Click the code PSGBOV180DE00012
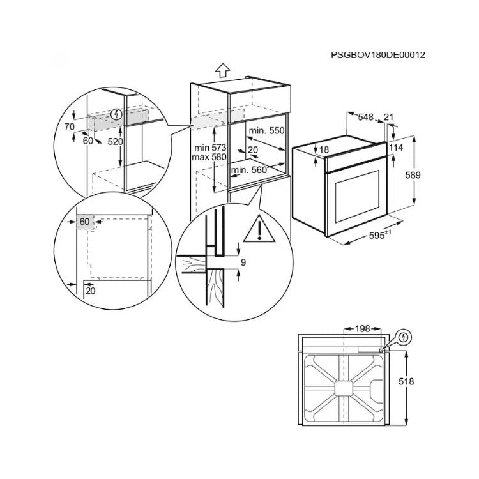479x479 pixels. pyautogui.click(x=378, y=55)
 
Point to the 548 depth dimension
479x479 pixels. pyautogui.click(x=365, y=117)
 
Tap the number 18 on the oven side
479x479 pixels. pyautogui.click(x=324, y=149)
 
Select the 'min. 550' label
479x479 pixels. pyautogui.click(x=266, y=130)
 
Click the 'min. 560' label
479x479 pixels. pyautogui.click(x=248, y=170)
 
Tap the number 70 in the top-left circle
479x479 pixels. pyautogui.click(x=70, y=126)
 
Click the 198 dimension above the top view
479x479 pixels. pyautogui.click(x=362, y=329)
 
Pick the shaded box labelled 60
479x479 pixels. pyautogui.click(x=84, y=222)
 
